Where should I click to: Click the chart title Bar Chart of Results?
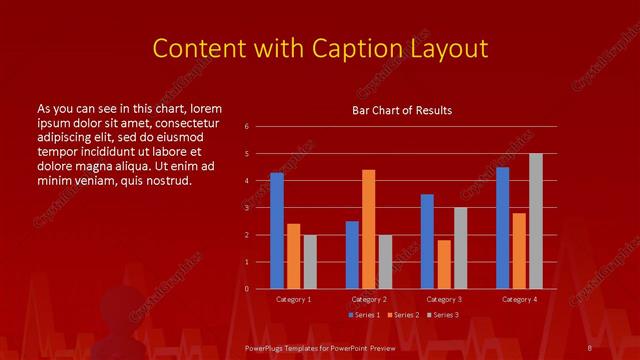pos(401,110)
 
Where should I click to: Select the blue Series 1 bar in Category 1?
pos(277,231)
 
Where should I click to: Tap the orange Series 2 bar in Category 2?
pos(368,229)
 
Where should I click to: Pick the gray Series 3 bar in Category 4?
pos(535,221)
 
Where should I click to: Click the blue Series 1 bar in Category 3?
pos(427,241)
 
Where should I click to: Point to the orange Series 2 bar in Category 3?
pos(443,264)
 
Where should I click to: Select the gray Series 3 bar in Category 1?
pos(310,261)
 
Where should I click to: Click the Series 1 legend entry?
pos(365,315)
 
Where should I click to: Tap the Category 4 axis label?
pos(518,299)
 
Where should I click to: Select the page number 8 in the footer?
pos(589,346)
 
